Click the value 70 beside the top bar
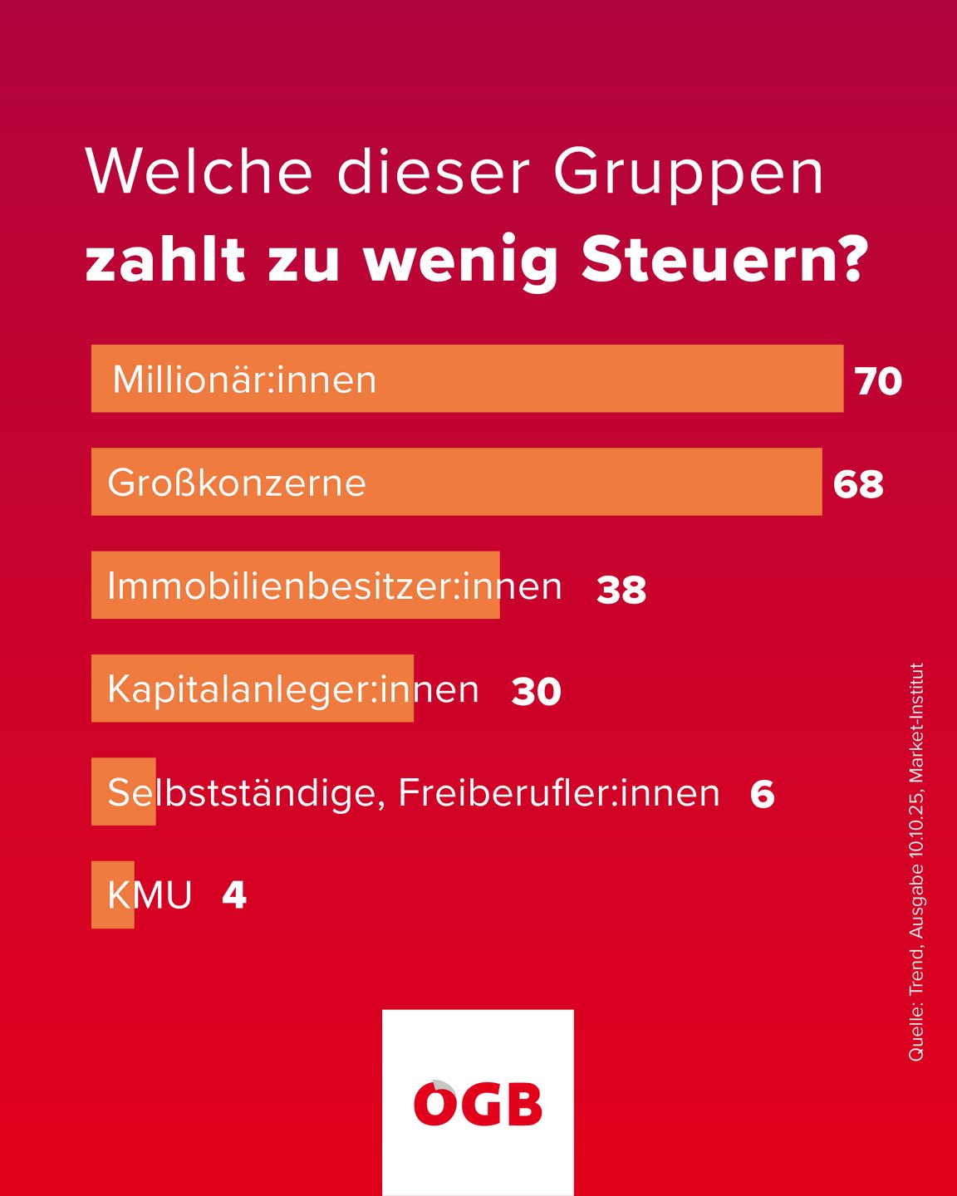[878, 381]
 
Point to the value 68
[858, 484]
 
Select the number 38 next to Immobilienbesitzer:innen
[621, 590]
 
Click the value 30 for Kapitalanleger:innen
[537, 692]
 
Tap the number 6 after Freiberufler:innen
[762, 795]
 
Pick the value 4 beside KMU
[234, 895]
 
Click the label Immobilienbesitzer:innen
[334, 586]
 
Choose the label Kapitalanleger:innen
[293, 689]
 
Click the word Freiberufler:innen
[558, 793]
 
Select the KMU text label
[150, 895]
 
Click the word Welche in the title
[199, 173]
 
